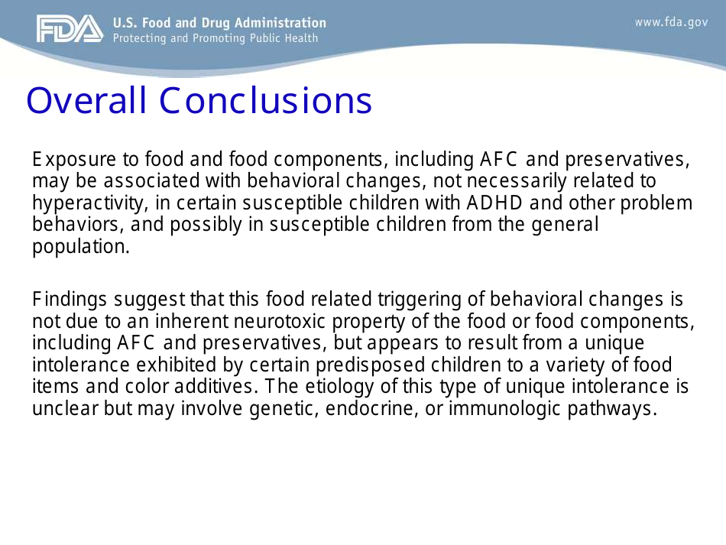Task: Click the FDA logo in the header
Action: coord(69,29)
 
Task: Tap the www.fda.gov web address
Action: coord(671,22)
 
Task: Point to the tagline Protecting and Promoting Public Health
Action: coord(216,38)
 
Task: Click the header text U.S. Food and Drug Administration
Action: coord(219,23)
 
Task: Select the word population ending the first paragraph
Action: coord(79,247)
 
